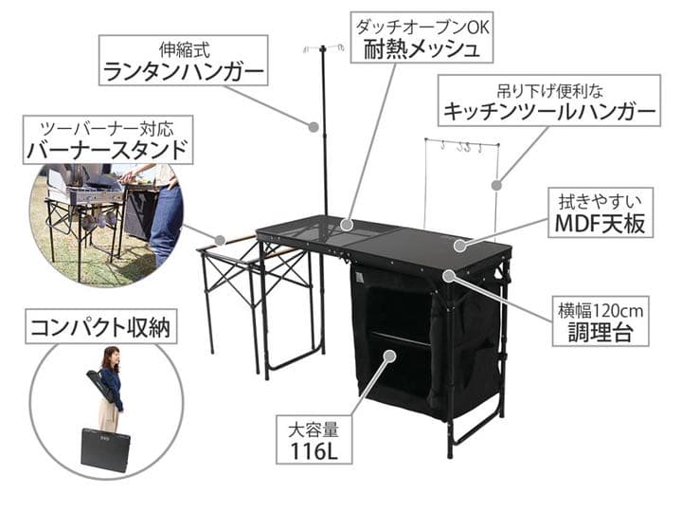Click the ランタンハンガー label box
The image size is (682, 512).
(x=183, y=60)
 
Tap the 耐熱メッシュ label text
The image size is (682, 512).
(x=422, y=49)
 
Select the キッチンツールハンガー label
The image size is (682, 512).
(x=548, y=101)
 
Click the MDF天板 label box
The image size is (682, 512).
(x=601, y=212)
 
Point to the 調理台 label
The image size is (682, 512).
(x=601, y=321)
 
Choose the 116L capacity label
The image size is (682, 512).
(x=314, y=439)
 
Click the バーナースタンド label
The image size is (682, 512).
(x=107, y=139)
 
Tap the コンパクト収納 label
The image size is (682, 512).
(x=100, y=326)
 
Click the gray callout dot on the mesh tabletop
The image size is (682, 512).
(x=347, y=225)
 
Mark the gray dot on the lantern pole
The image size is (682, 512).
(x=314, y=127)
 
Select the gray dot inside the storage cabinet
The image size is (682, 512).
(x=389, y=356)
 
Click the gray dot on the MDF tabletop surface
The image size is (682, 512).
(x=459, y=246)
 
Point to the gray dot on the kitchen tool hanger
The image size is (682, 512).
(x=496, y=185)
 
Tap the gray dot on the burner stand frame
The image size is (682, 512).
(x=221, y=240)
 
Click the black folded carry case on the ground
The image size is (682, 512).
(x=106, y=450)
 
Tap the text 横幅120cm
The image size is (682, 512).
(x=601, y=311)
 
